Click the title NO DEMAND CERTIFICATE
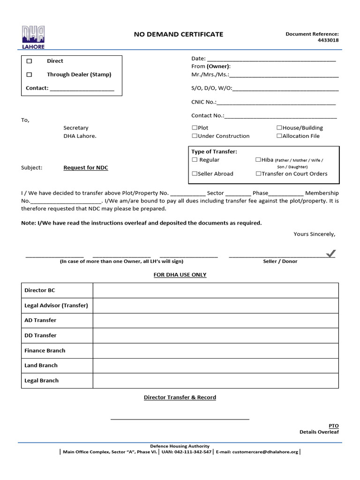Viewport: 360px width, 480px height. (179, 34)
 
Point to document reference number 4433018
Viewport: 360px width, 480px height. (328, 40)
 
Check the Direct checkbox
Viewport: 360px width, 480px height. (29, 61)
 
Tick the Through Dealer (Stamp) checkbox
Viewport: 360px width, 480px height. (29, 75)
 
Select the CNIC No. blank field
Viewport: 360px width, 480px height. (276, 102)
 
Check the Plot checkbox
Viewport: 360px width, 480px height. (195, 128)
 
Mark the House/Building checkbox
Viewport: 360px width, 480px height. (279, 128)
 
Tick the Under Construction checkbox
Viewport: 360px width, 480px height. (195, 136)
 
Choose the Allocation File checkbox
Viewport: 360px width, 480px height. (279, 136)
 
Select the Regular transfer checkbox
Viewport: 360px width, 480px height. (195, 160)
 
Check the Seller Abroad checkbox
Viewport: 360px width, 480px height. (195, 174)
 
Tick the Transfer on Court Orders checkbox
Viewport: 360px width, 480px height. (258, 174)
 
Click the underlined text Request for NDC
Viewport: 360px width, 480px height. (86, 168)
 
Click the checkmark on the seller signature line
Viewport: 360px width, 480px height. (331, 254)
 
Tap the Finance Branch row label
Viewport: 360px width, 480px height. (45, 351)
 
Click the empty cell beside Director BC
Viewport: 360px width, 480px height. (216, 291)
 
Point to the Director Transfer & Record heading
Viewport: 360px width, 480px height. (180, 397)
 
